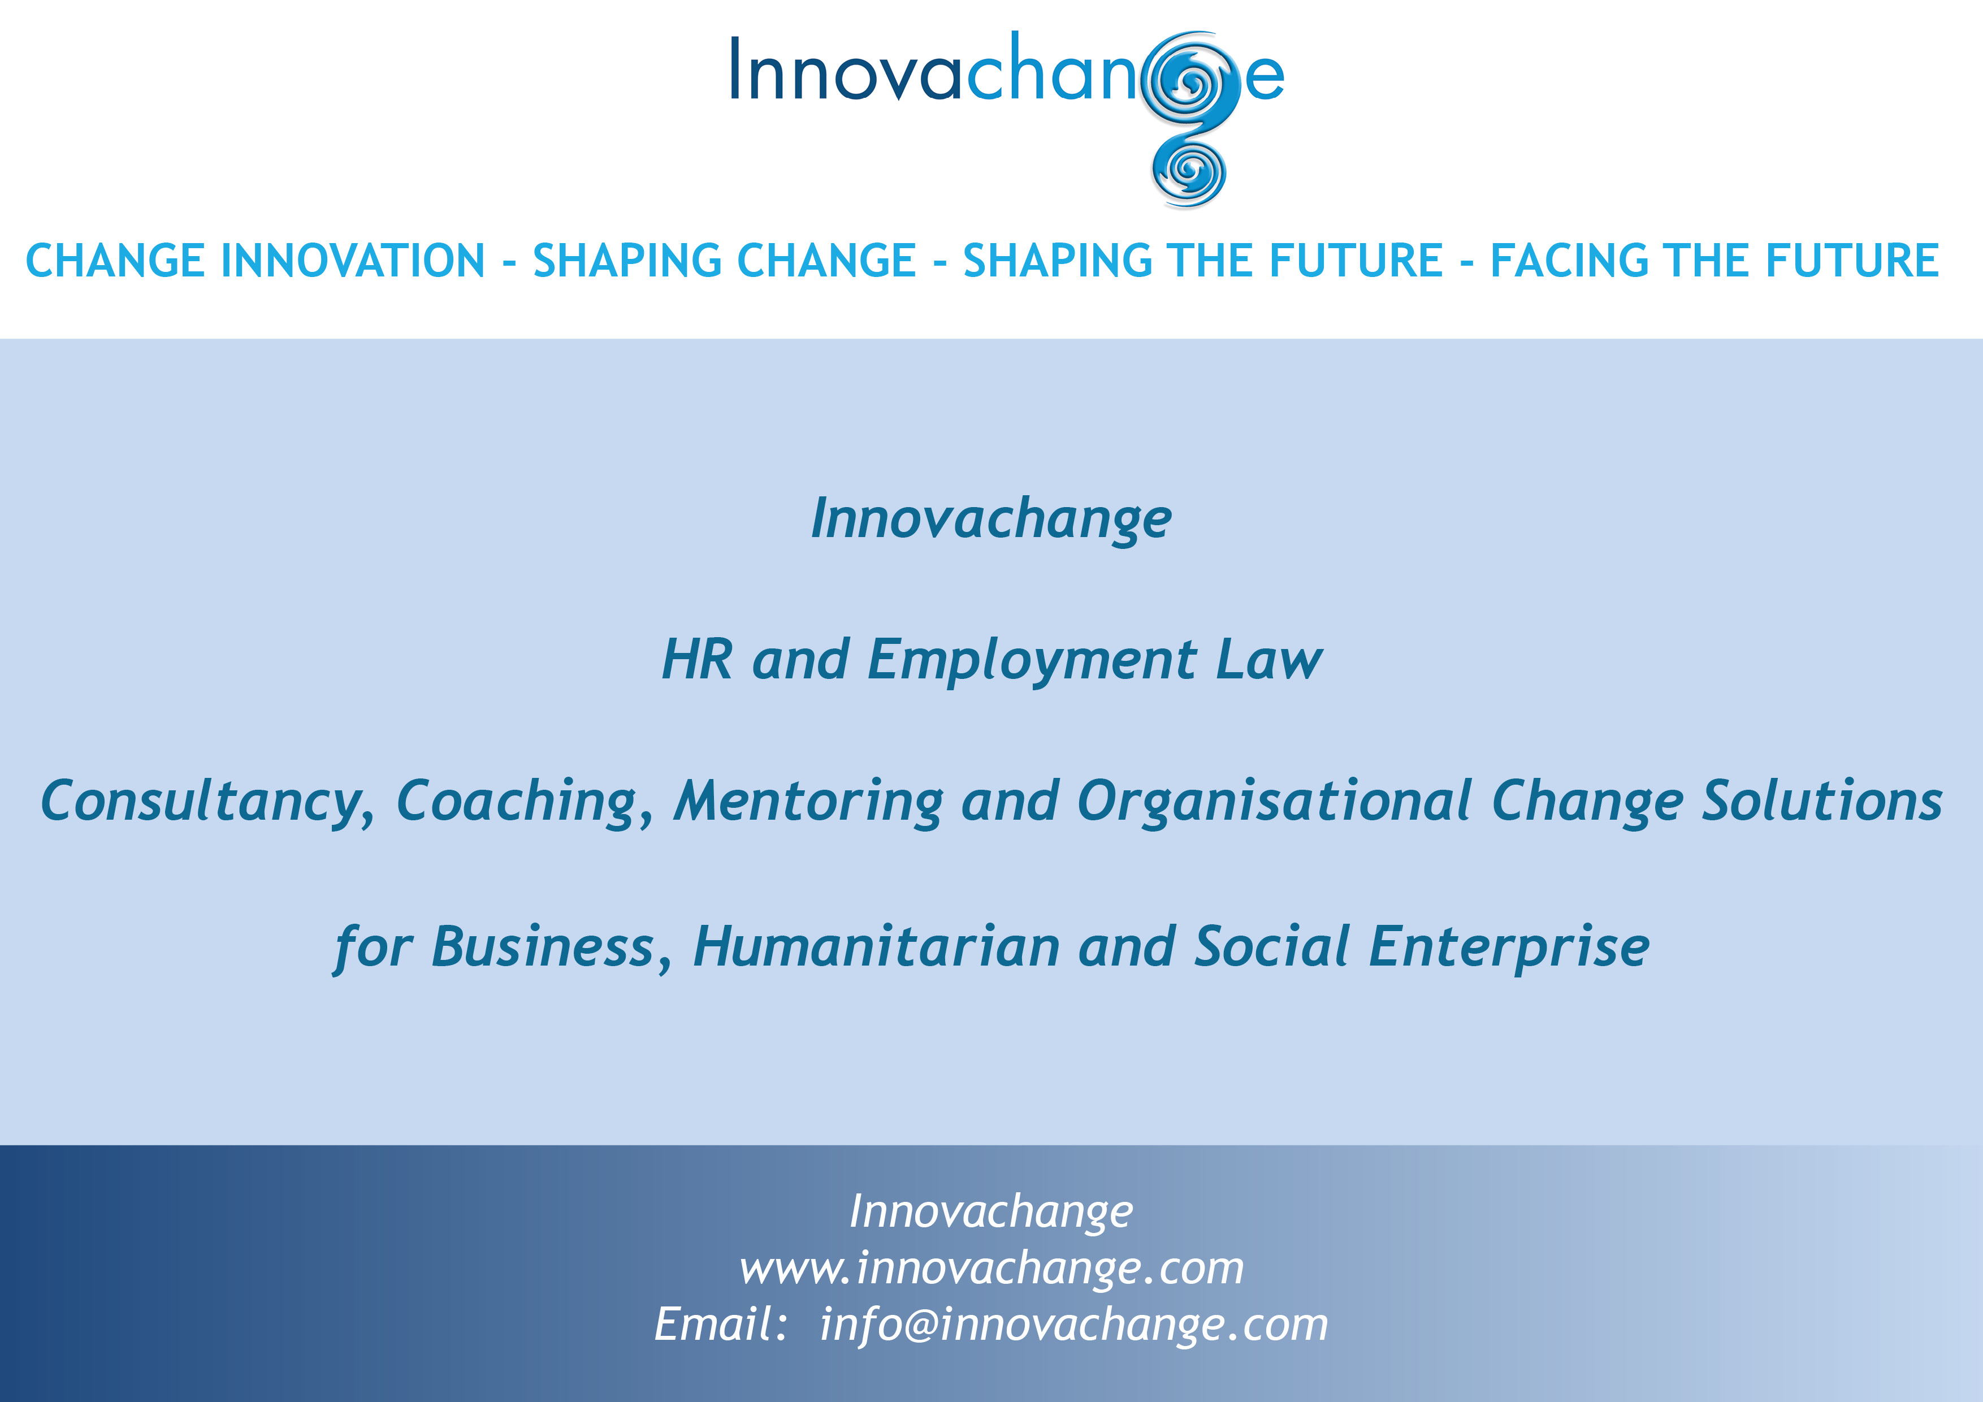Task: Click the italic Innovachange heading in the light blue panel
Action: pyautogui.click(x=990, y=519)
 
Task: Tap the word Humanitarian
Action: pyautogui.click(x=877, y=947)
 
